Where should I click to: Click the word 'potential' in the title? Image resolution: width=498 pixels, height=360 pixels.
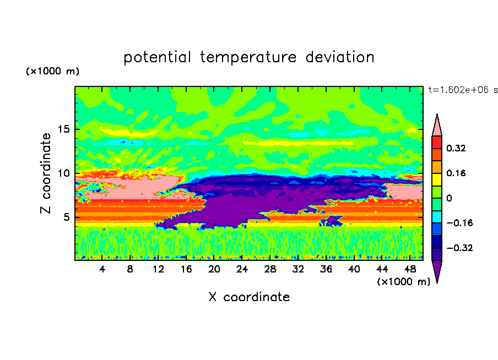click(158, 57)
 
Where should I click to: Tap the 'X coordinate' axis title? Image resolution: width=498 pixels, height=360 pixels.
click(249, 297)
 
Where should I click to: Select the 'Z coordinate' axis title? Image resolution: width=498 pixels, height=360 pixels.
click(47, 173)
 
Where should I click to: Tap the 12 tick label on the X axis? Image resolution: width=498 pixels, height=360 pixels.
click(158, 269)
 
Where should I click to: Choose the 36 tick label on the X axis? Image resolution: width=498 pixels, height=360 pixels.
click(326, 269)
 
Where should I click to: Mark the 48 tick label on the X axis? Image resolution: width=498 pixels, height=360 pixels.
click(409, 269)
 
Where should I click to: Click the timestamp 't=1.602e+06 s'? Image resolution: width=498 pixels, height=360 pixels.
click(462, 90)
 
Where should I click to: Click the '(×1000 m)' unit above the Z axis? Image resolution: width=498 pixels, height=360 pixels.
click(52, 72)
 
